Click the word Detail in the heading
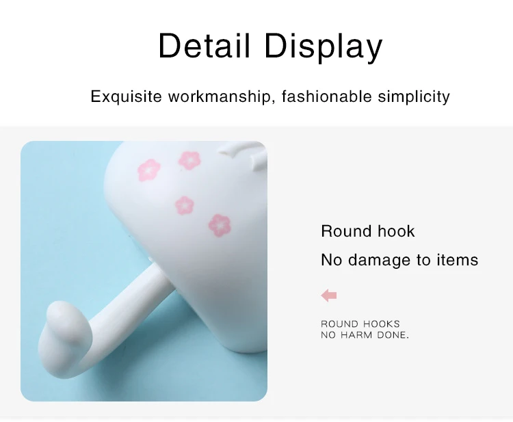(204, 46)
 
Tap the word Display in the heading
(324, 47)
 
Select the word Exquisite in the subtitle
(126, 97)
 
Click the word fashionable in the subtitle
(326, 96)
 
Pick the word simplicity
(414, 97)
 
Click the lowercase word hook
(396, 231)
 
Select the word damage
(379, 261)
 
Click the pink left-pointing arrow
(329, 295)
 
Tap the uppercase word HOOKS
(382, 324)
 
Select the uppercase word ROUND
(339, 324)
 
